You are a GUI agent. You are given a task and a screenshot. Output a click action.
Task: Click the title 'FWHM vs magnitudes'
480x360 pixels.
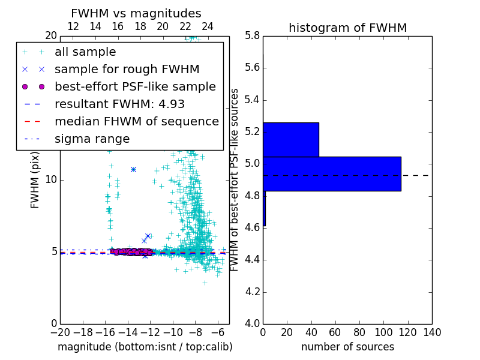click(136, 13)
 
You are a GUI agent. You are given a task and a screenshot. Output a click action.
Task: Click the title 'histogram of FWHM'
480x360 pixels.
click(347, 28)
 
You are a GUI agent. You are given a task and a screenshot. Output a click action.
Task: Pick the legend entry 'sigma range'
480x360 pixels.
click(92, 139)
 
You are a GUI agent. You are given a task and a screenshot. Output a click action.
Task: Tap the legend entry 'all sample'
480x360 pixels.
click(85, 52)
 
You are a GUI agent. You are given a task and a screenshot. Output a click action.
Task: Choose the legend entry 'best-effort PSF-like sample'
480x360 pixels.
click(135, 86)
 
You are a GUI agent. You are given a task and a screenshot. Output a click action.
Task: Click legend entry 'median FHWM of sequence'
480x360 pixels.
click(136, 121)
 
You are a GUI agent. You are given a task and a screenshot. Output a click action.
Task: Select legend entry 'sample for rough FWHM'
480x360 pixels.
click(127, 69)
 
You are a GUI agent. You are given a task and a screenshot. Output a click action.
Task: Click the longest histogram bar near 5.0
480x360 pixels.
click(332, 173)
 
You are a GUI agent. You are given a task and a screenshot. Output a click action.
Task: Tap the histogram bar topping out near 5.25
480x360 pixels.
click(290, 139)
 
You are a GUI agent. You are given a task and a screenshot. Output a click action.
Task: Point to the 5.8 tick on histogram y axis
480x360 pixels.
click(252, 35)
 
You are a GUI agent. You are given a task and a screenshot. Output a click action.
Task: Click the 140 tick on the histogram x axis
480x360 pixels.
click(431, 332)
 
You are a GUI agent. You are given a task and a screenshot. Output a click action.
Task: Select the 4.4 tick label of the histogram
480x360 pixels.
click(252, 260)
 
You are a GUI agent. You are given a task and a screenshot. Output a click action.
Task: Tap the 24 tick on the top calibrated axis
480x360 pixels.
click(208, 26)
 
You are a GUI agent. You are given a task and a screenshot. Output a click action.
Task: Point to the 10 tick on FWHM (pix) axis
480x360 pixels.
click(51, 179)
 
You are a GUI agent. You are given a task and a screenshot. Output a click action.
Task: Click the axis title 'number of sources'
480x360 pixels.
click(347, 347)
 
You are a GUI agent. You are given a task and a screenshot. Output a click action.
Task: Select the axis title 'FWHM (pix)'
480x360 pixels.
click(35, 179)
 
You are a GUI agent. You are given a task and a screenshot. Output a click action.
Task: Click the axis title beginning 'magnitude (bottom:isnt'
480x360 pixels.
click(145, 347)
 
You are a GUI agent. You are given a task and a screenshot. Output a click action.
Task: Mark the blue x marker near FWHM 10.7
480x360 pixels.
click(133, 169)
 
